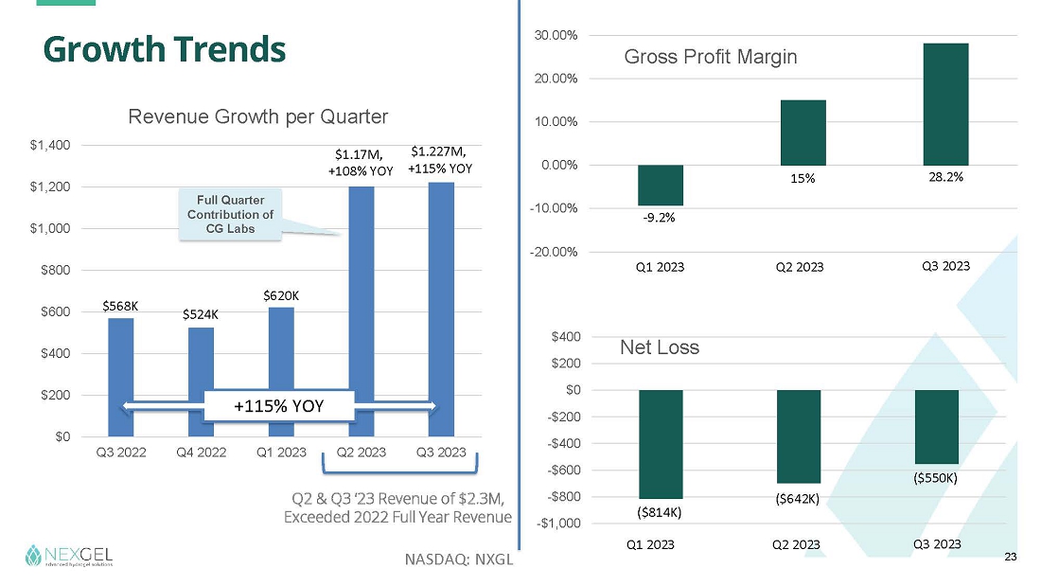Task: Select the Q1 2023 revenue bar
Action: (x=281, y=369)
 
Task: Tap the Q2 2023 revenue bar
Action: (x=361, y=284)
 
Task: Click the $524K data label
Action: (x=201, y=314)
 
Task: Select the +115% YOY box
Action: (x=279, y=406)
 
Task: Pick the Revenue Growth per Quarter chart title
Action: (x=258, y=116)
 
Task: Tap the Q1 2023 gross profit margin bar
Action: (x=661, y=185)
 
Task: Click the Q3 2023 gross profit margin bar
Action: (x=945, y=104)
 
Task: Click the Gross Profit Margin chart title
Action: (x=711, y=57)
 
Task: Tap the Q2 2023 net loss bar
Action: (x=799, y=435)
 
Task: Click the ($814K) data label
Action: (x=660, y=512)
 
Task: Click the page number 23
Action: (x=1010, y=559)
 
